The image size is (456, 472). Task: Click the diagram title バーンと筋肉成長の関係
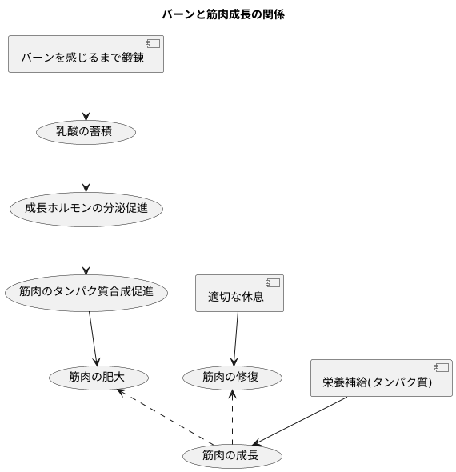223,14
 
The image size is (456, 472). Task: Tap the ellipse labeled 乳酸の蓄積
86,132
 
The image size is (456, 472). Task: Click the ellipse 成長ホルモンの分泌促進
86,210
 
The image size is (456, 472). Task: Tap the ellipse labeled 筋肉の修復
232,376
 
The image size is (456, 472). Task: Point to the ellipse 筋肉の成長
232,456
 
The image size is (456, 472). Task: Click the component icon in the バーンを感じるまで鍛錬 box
153,44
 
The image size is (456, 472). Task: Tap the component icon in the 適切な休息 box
273,282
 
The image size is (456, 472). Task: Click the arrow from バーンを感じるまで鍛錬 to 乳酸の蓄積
86,96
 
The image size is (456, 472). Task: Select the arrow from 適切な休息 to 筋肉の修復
236,338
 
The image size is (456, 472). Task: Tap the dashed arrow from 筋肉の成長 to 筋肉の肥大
164,416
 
